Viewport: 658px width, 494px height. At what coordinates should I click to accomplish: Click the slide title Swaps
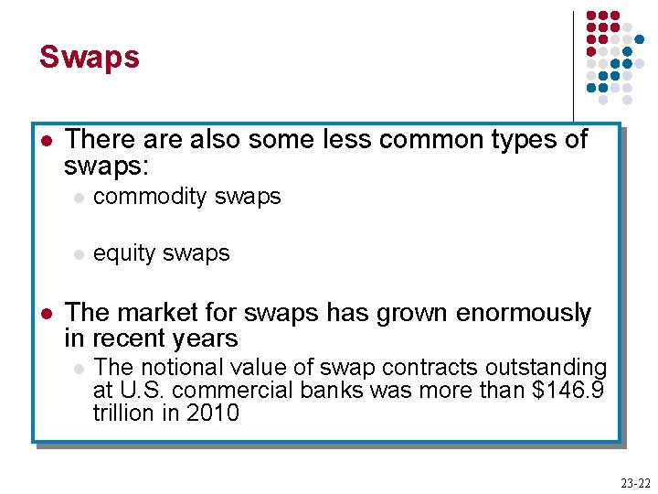tap(89, 57)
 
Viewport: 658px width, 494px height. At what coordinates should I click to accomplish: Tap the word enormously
tap(524, 313)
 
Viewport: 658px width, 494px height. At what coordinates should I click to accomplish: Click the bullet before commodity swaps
tap(80, 198)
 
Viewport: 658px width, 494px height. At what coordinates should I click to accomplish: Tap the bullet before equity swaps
tap(80, 254)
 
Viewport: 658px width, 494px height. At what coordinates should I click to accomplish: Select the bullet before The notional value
tap(80, 369)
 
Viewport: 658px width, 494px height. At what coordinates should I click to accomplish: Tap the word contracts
tap(407, 368)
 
